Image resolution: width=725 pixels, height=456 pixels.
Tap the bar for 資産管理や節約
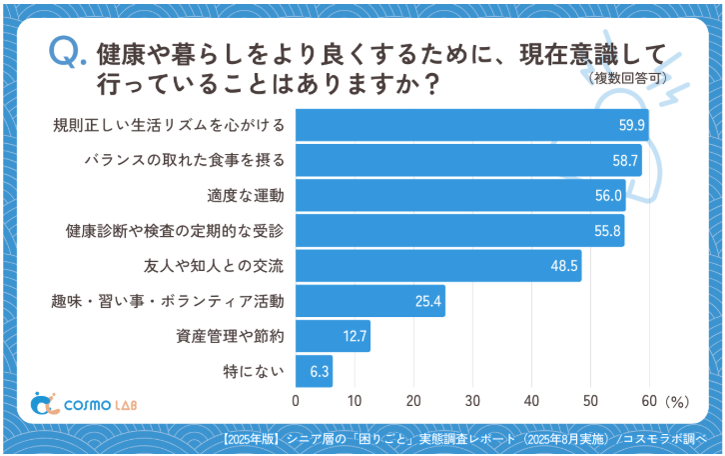(x=333, y=336)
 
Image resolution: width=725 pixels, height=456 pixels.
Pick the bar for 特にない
(x=314, y=371)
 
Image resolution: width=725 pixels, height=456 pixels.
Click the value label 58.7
(x=625, y=161)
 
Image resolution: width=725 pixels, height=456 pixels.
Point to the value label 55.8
(x=608, y=231)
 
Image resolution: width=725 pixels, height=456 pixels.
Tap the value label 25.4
(x=428, y=301)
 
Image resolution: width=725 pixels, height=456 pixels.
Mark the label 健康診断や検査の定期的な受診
(x=175, y=231)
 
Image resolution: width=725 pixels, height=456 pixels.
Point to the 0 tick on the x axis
(x=296, y=400)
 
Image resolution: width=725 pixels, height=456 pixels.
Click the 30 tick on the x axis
(x=472, y=400)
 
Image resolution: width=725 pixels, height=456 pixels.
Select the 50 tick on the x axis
(x=590, y=400)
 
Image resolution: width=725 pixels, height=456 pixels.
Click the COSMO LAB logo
(x=83, y=403)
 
